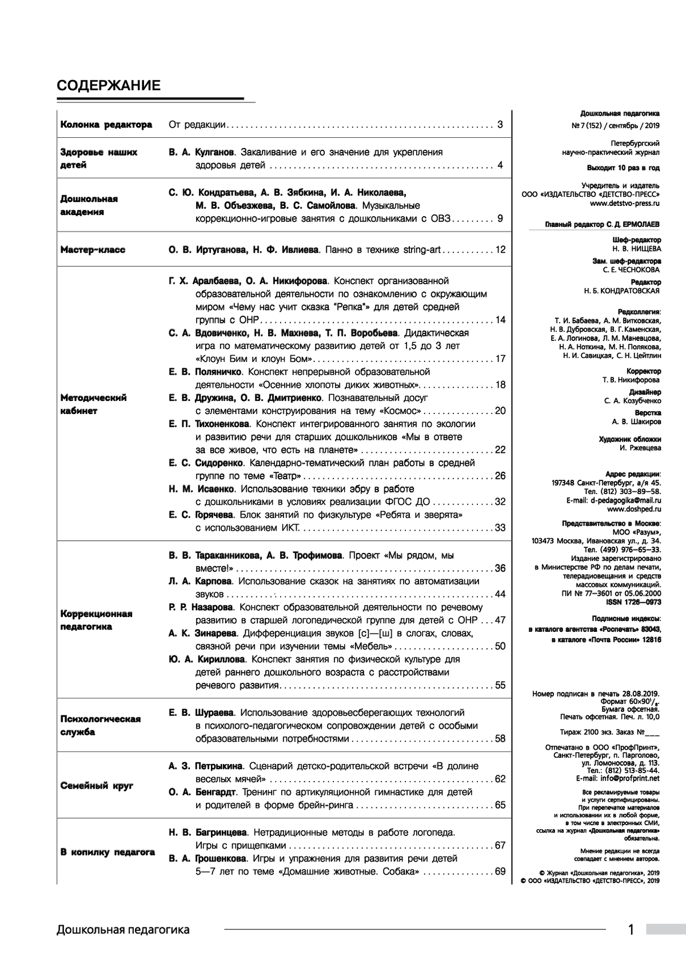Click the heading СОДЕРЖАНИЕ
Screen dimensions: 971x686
[109, 86]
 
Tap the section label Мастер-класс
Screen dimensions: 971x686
[93, 250]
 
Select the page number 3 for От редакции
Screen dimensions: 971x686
[500, 124]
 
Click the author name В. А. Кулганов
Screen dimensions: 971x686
[201, 153]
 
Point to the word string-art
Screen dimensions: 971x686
[422, 250]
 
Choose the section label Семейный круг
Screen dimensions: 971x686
[97, 786]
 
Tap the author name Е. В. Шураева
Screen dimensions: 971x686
[201, 713]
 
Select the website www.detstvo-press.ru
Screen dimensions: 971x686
[625, 203]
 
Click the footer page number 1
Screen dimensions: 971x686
[631, 930]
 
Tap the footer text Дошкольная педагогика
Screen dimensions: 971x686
[123, 930]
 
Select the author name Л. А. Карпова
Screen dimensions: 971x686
[200, 581]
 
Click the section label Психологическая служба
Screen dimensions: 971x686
[101, 726]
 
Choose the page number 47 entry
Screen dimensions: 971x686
[500, 620]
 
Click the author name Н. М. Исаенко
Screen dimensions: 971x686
[201, 489]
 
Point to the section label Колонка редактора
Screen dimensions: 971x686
[106, 125]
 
